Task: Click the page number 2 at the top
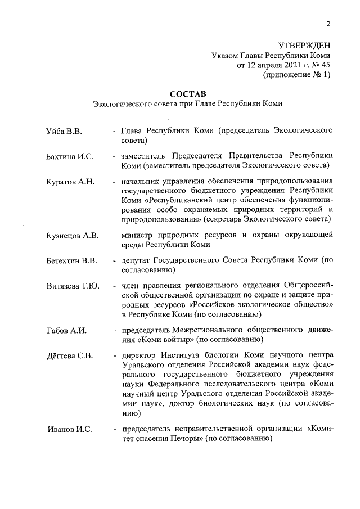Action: [327, 23]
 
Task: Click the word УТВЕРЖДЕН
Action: [304, 46]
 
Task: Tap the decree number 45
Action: [324, 65]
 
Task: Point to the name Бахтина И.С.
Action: [69, 156]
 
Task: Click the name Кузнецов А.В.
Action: [72, 236]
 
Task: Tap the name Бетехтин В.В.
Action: [71, 261]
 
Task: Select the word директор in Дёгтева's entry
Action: [141, 355]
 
